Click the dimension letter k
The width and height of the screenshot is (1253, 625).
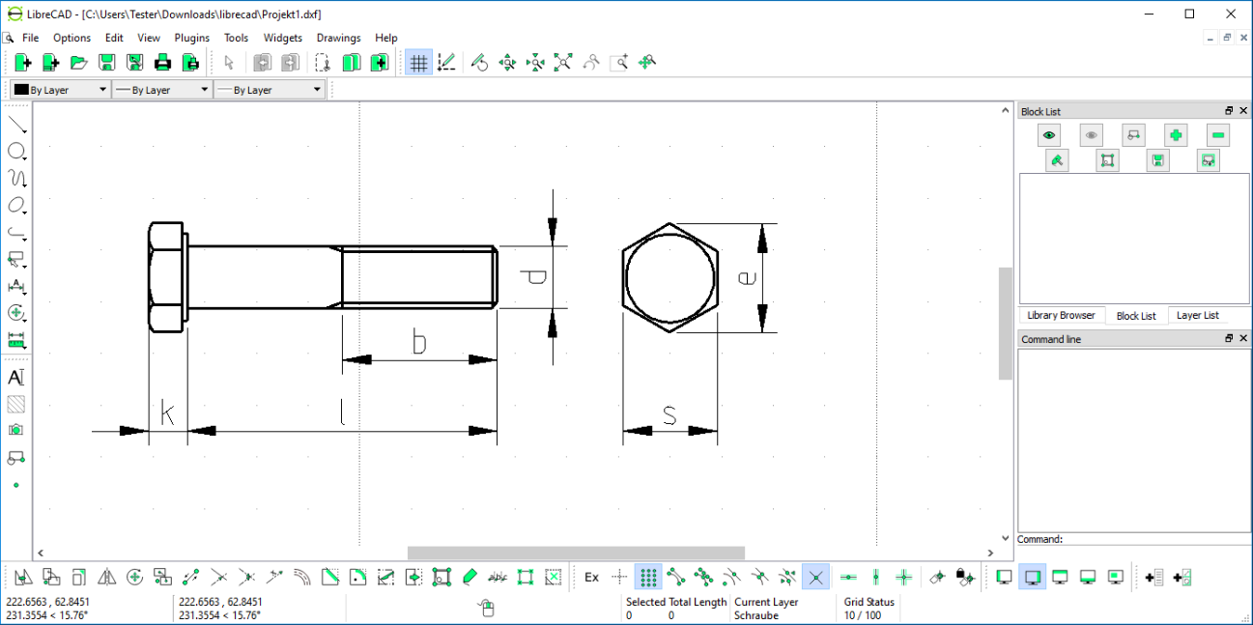pyautogui.click(x=167, y=413)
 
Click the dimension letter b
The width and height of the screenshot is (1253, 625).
pyautogui.click(x=419, y=342)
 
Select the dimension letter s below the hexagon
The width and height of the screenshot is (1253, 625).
pyautogui.click(x=669, y=414)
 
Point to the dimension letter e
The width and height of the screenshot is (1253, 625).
pyautogui.click(x=746, y=277)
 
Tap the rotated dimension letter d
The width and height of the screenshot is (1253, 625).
pyautogui.click(x=533, y=277)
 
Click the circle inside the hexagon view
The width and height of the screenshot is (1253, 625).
pyautogui.click(x=669, y=277)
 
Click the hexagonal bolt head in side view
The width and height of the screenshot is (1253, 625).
pyautogui.click(x=165, y=277)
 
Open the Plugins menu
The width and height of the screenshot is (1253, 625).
pyautogui.click(x=192, y=38)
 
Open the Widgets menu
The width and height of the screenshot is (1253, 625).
pyautogui.click(x=282, y=38)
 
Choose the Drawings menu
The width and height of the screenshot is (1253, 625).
pyautogui.click(x=338, y=38)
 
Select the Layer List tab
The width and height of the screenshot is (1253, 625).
pyautogui.click(x=1198, y=315)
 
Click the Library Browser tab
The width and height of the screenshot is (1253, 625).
pyautogui.click(x=1061, y=315)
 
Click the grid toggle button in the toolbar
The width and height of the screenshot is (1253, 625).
pyautogui.click(x=418, y=63)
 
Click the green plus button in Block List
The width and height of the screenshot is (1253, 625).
pyautogui.click(x=1175, y=135)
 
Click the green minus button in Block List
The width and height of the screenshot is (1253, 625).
pyautogui.click(x=1217, y=135)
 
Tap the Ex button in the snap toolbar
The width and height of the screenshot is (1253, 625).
pyautogui.click(x=591, y=578)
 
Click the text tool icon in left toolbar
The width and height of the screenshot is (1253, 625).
pyautogui.click(x=16, y=377)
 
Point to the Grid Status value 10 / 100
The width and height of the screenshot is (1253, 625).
pyautogui.click(x=862, y=615)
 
